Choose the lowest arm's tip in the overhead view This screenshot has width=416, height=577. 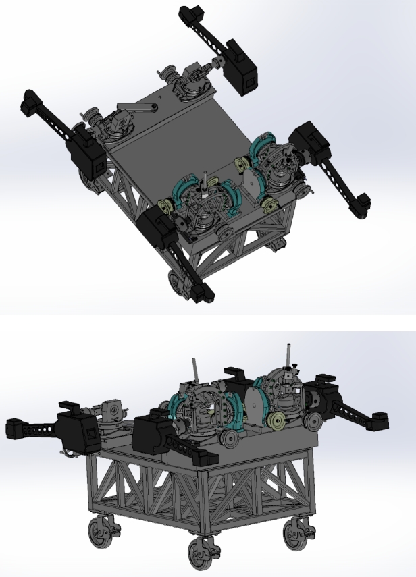pyautogui.click(x=201, y=292)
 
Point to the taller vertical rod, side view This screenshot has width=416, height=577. pyautogui.click(x=289, y=355)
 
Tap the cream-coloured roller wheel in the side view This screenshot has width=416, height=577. pyautogui.click(x=277, y=424)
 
